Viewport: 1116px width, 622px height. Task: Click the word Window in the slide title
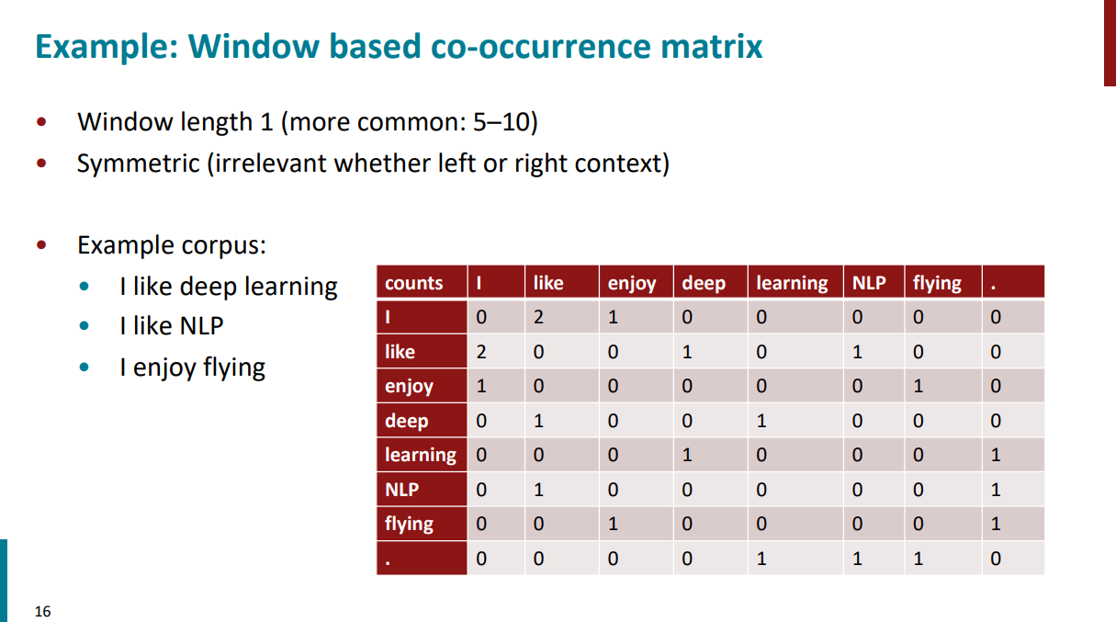tap(254, 46)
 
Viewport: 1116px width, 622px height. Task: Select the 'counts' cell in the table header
tap(422, 282)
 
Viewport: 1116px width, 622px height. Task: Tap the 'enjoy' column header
tap(637, 282)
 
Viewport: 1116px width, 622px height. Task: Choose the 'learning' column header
tap(795, 282)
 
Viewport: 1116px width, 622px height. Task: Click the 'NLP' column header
tap(874, 282)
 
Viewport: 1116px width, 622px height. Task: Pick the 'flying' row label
tap(422, 524)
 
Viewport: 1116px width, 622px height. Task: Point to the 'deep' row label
tap(422, 421)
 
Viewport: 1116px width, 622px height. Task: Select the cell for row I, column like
tap(561, 317)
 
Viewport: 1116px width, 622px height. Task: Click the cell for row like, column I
tap(496, 352)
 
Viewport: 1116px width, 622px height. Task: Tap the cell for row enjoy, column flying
tap(942, 386)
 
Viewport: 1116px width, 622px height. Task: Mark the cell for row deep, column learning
tap(795, 421)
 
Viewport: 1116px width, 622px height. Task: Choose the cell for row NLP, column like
tap(561, 490)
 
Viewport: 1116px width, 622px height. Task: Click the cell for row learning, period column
tap(1013, 455)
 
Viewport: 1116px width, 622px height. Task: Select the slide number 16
tap(42, 612)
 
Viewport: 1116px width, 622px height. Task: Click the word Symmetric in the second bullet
tap(138, 164)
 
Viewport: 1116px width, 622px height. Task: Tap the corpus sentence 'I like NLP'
tap(172, 326)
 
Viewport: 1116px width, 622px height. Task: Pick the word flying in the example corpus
tap(234, 368)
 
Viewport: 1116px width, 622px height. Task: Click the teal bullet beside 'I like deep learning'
tap(85, 286)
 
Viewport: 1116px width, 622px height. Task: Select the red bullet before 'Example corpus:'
tap(42, 244)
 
